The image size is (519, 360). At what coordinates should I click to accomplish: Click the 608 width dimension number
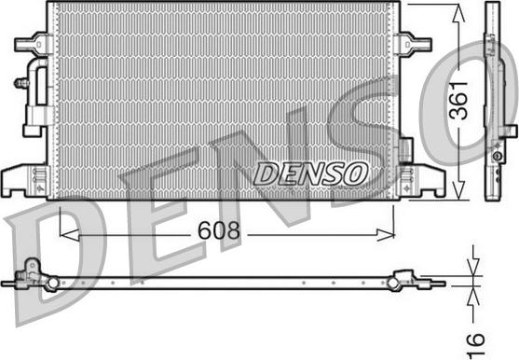(218, 230)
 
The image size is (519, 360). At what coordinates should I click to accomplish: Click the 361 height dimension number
(458, 100)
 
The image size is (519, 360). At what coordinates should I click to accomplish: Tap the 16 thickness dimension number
(476, 345)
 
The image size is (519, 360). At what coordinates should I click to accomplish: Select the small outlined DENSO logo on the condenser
(310, 173)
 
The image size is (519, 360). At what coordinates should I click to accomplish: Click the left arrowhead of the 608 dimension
(69, 235)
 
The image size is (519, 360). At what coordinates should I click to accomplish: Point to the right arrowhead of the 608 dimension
(385, 235)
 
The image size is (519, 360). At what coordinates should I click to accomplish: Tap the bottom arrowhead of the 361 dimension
(458, 190)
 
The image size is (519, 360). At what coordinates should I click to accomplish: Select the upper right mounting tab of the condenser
(416, 44)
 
